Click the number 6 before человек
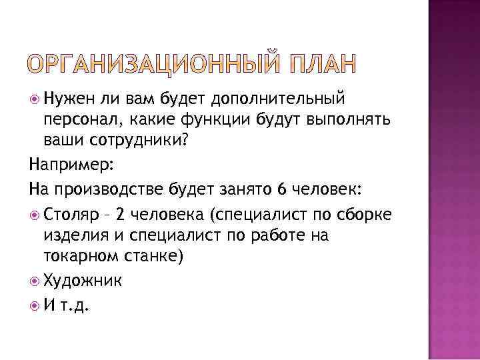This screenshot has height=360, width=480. pos(282,189)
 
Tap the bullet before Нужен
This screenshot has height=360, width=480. pos(35,100)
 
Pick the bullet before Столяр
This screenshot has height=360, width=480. pos(35,214)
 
